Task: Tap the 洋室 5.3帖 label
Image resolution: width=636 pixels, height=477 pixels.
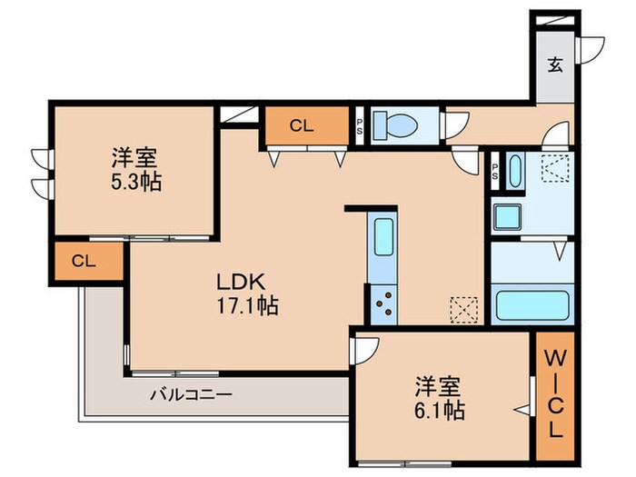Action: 131,169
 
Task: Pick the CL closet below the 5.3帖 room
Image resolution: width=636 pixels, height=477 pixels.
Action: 84,261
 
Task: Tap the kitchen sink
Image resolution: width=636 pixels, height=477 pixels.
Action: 383,238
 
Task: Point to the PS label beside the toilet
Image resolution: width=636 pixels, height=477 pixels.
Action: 360,126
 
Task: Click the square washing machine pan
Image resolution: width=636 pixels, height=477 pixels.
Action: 506,217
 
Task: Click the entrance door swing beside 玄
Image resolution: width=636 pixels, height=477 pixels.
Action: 591,47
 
